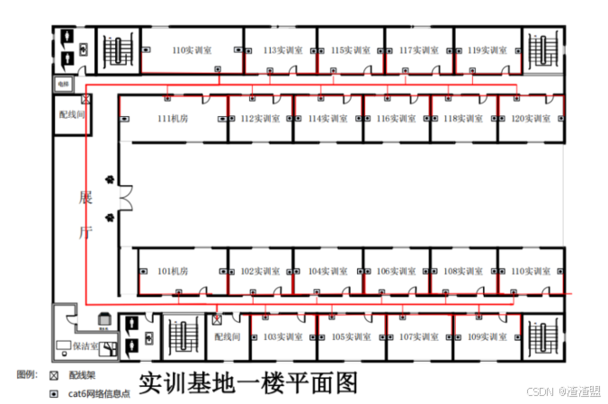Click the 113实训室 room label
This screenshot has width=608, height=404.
click(281, 50)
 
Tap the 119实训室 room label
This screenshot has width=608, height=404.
click(486, 50)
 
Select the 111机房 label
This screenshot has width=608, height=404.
click(172, 118)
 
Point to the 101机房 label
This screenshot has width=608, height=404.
click(172, 270)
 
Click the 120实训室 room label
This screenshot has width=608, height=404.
click(531, 118)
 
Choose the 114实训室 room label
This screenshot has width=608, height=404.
click(327, 118)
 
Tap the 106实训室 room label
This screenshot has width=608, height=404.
click(396, 270)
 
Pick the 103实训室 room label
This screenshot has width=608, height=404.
click(282, 337)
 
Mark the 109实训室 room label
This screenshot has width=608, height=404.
click(486, 337)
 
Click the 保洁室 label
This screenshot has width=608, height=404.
click(86, 345)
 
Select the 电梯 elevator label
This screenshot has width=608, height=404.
click(63, 84)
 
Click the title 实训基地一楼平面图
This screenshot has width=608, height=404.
click(248, 382)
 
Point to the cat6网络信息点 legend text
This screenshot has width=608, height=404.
click(99, 393)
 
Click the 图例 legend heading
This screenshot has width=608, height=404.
click(27, 373)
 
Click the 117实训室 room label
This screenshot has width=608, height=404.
click(417, 50)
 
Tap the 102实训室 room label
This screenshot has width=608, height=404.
click(259, 270)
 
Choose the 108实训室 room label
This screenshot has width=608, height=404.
click(463, 270)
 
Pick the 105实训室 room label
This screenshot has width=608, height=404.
click(350, 337)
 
